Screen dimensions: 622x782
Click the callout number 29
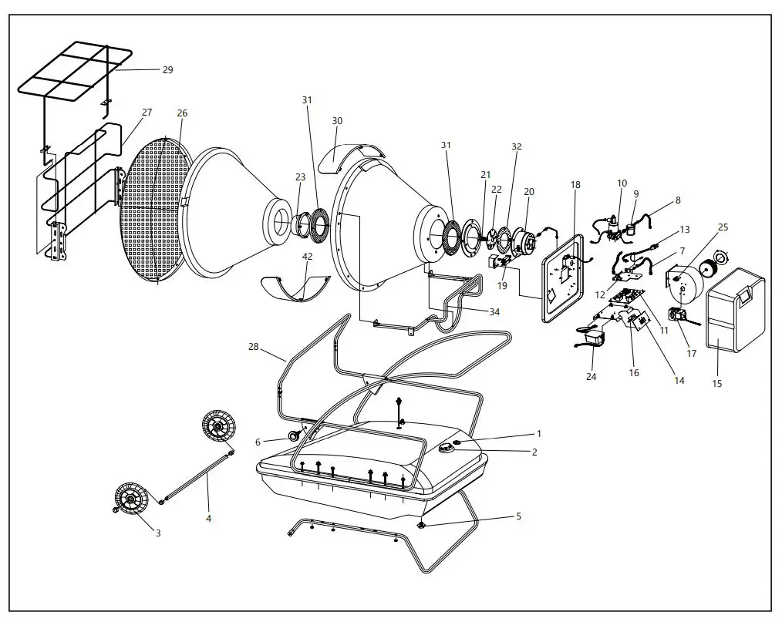pos(167,70)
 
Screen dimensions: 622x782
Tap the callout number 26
pos(182,113)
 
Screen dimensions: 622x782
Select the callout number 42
pos(307,257)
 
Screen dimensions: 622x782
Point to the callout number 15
pos(717,383)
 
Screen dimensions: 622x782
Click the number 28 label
pos(254,348)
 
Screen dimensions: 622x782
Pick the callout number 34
pos(494,311)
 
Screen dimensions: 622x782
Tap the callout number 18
pos(575,185)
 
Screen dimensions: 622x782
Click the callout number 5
pos(518,516)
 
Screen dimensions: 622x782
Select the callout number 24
pos(591,377)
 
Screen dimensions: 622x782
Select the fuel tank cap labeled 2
pos(447,449)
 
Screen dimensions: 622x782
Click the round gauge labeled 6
pos(295,436)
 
